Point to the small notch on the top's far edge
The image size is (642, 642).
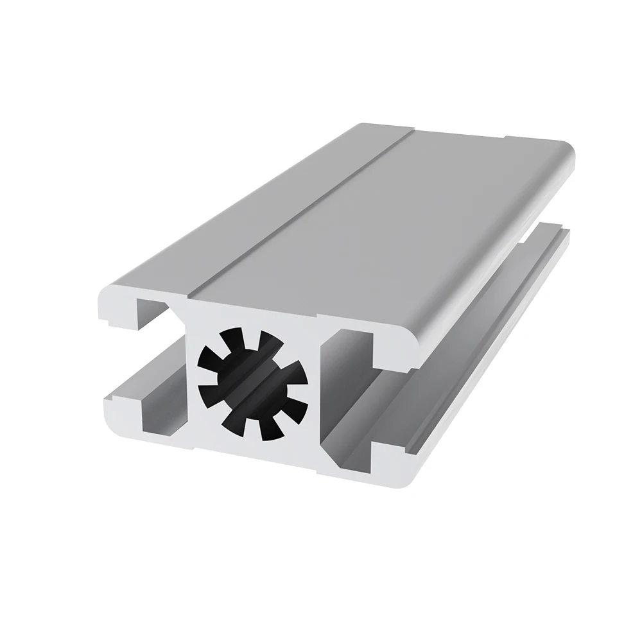click(x=507, y=137)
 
